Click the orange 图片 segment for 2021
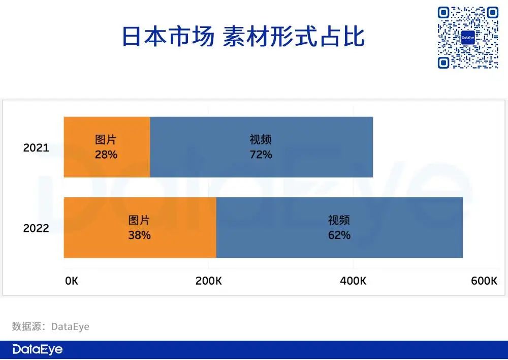coord(107,147)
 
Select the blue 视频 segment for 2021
coord(262,147)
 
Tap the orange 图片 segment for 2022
coord(140,228)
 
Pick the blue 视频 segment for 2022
coord(339,228)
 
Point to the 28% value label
coord(106,155)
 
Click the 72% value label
coord(261,155)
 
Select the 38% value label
coord(140,235)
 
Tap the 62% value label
coord(339,235)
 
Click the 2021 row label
coord(36,148)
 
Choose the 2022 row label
coord(36,228)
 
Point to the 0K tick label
coord(72,281)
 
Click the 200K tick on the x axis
coord(209,281)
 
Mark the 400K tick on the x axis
coord(353,281)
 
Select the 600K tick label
coord(484,281)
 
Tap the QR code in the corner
coord(468,38)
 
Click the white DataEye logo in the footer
coord(38,349)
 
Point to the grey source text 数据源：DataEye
coord(50,326)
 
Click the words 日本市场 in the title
coord(168,37)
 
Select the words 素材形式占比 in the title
coord(294,37)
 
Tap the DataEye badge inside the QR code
coord(468,38)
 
